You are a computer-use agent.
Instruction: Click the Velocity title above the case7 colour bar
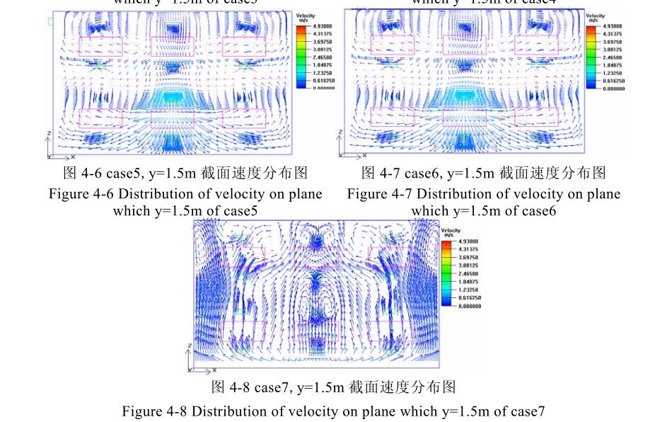(x=451, y=230)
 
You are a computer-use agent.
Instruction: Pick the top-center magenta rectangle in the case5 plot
(x=173, y=46)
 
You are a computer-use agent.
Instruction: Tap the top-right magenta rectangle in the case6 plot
(x=536, y=46)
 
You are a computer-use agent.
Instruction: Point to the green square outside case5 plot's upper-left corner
(x=50, y=22)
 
